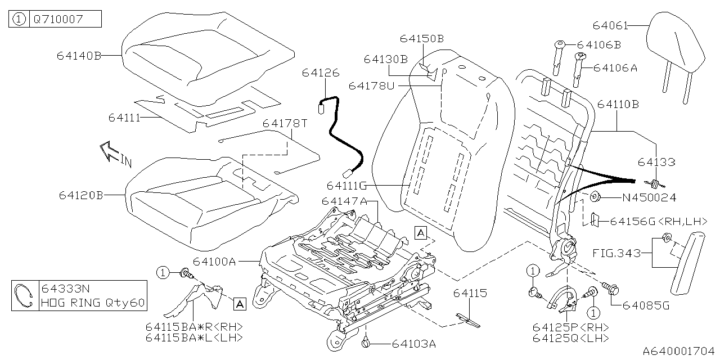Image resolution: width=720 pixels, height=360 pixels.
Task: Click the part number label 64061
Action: (x=609, y=25)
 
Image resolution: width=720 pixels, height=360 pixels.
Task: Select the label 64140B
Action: (x=79, y=56)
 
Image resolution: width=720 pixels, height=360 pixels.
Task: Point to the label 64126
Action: (x=321, y=73)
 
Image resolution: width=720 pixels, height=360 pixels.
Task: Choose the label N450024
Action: (x=649, y=197)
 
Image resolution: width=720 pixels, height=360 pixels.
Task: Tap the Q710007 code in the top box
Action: (x=58, y=20)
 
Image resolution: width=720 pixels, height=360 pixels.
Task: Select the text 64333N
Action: (x=66, y=289)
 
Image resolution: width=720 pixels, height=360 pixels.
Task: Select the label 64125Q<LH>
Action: (x=571, y=337)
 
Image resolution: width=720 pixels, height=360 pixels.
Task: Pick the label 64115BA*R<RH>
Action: (x=194, y=327)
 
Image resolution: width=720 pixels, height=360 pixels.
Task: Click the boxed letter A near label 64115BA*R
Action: (x=239, y=304)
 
